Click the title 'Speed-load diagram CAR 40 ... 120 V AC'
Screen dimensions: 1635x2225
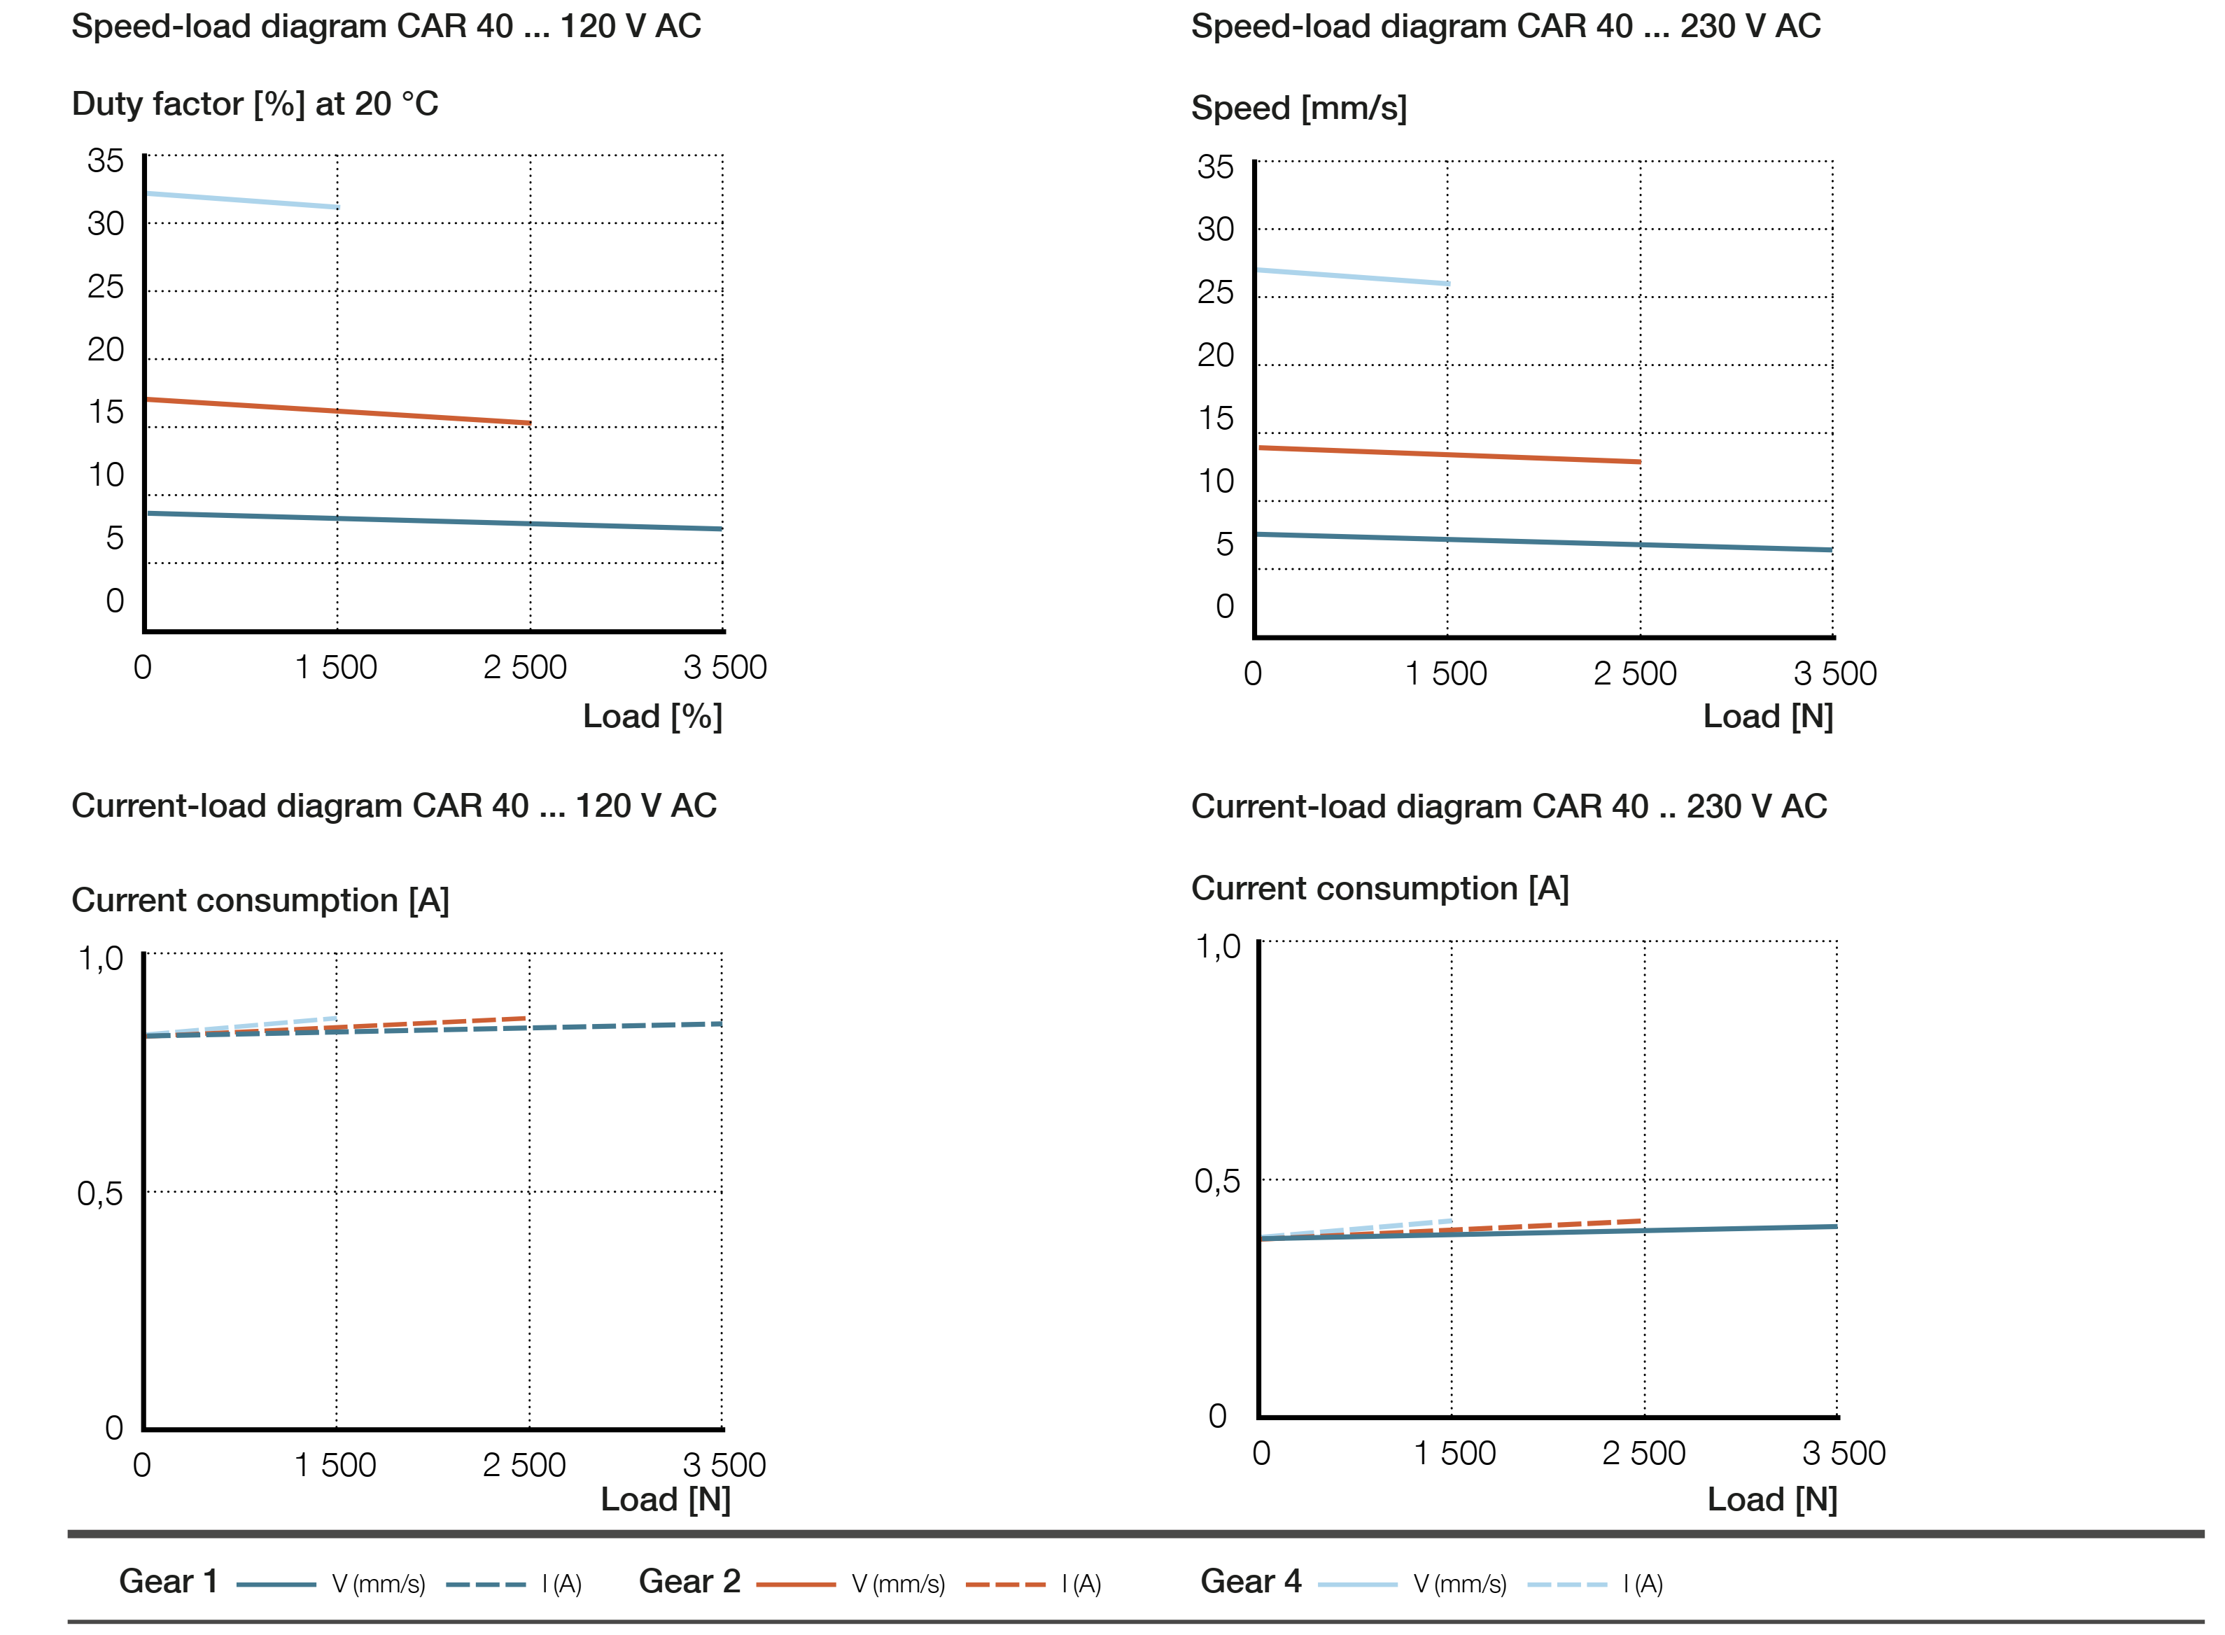point(386,26)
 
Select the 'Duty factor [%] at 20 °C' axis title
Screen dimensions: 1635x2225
point(254,104)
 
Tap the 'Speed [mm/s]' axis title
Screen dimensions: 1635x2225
point(1298,108)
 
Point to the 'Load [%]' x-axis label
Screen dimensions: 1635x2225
point(652,715)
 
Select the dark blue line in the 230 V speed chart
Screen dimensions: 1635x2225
point(1544,542)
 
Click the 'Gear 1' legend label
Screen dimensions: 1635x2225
point(168,1580)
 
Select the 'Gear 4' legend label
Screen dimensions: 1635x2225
point(1250,1580)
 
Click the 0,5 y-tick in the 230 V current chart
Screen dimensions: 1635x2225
point(1216,1181)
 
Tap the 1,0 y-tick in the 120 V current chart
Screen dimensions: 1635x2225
point(100,958)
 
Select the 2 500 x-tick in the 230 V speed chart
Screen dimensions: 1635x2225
point(1634,673)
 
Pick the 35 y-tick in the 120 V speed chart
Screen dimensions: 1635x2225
point(105,160)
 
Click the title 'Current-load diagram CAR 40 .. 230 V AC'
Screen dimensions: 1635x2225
point(1508,806)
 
